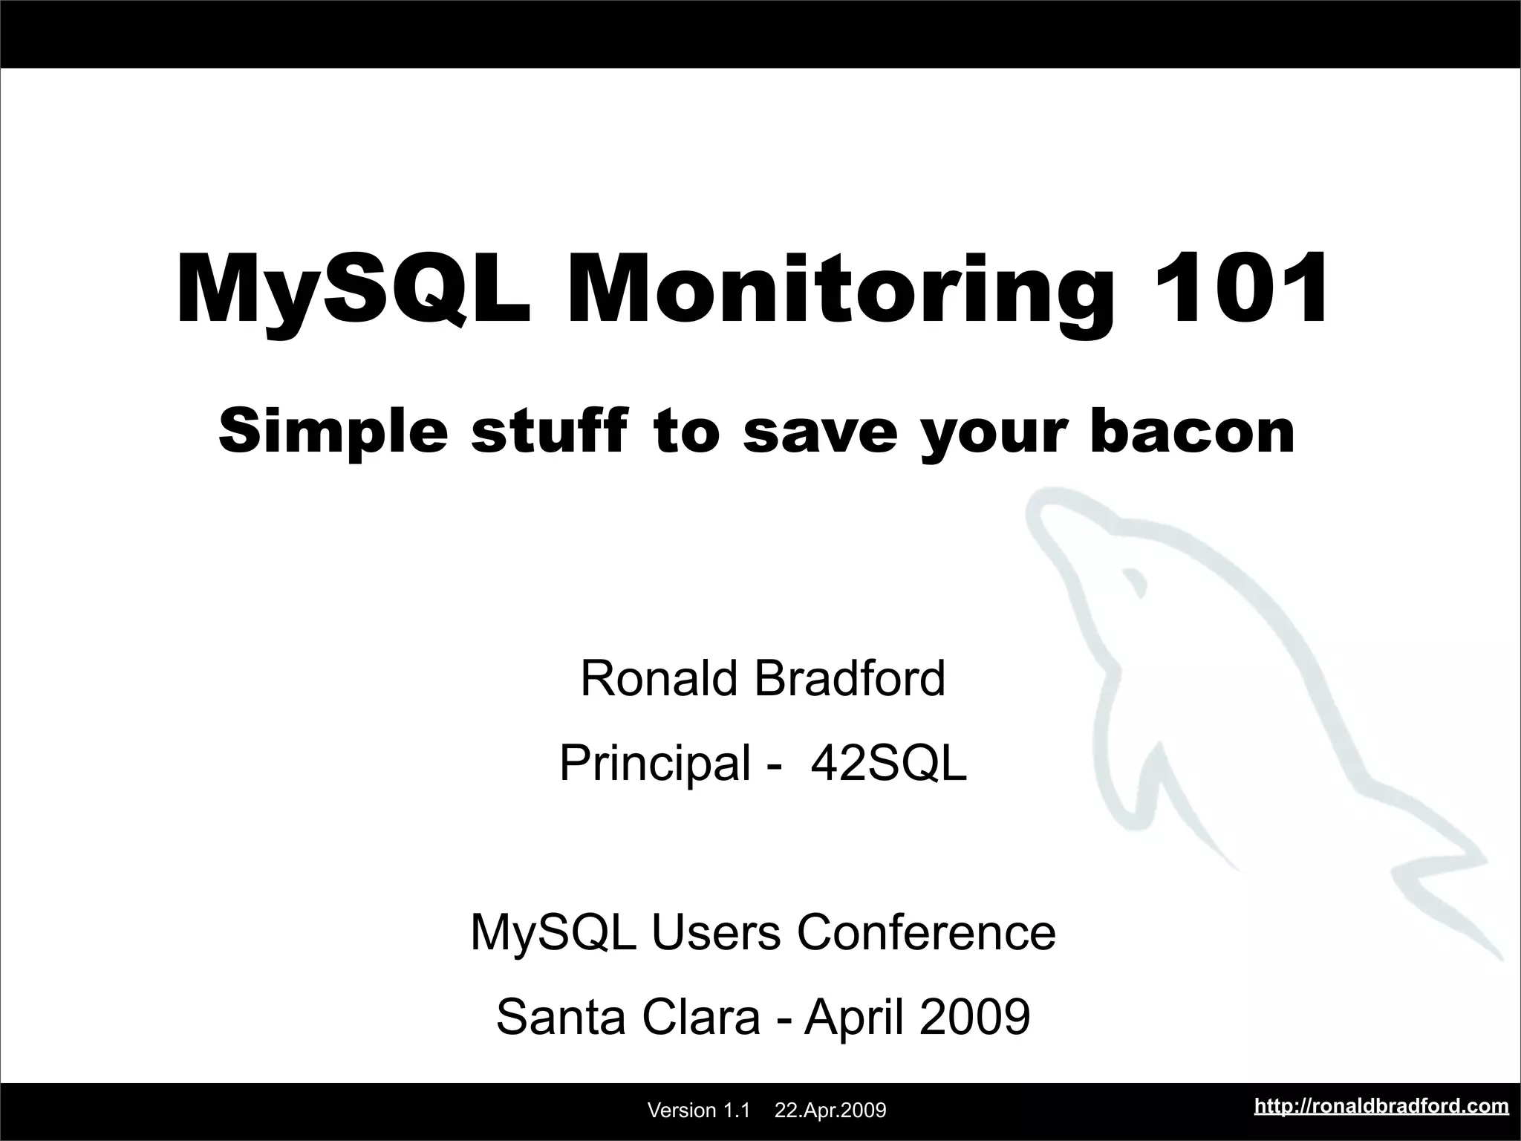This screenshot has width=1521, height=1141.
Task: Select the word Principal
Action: pyautogui.click(x=655, y=763)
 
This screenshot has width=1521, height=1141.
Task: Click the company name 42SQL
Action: pyautogui.click(x=888, y=763)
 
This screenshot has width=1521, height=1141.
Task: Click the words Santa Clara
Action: pyautogui.click(x=628, y=1017)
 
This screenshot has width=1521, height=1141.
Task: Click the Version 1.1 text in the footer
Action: pyautogui.click(x=699, y=1111)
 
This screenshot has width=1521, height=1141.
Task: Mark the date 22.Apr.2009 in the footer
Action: pyautogui.click(x=830, y=1111)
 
